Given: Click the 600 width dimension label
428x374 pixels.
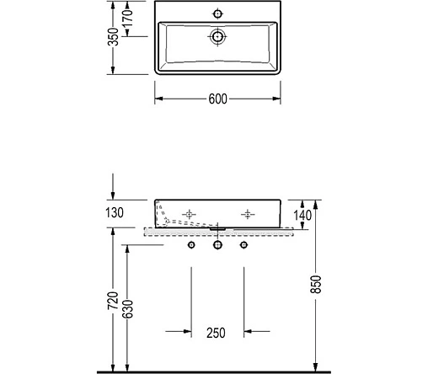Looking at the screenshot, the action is (x=217, y=99).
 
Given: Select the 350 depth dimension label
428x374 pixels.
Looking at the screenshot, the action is (x=114, y=37).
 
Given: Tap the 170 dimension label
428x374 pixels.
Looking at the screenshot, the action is (x=128, y=18).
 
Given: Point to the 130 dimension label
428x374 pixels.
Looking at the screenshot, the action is (x=115, y=212).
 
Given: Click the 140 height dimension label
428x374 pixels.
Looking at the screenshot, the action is (x=302, y=216).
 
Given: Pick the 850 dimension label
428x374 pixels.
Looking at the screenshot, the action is (x=316, y=285).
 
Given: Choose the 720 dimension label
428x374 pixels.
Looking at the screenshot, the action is (x=113, y=301).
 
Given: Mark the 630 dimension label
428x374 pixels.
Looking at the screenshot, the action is (x=127, y=309).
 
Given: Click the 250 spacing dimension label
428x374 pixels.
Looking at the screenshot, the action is (x=216, y=333).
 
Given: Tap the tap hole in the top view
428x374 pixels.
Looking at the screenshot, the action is (x=217, y=13).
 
